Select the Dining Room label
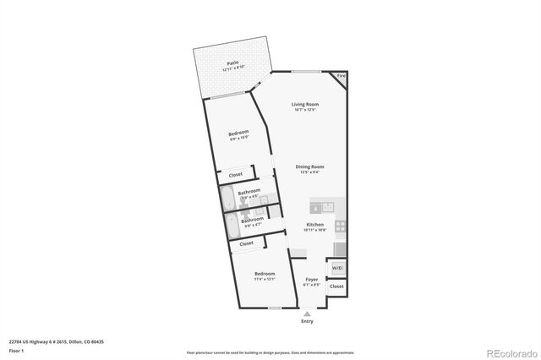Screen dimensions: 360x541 pos(309,167)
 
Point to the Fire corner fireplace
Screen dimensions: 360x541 pos(341,78)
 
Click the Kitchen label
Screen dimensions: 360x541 pos(315,225)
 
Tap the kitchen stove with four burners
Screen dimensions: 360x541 pos(340,226)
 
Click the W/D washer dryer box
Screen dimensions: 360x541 pos(337,268)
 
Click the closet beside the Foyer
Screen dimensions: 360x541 pos(336,286)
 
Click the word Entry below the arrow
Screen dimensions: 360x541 pos(307,321)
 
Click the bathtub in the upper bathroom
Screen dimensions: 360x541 pos(227,198)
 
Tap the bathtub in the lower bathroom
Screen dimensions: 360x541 pos(230,225)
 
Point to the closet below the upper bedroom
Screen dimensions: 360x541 pos(236,175)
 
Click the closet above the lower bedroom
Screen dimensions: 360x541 pos(246,243)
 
